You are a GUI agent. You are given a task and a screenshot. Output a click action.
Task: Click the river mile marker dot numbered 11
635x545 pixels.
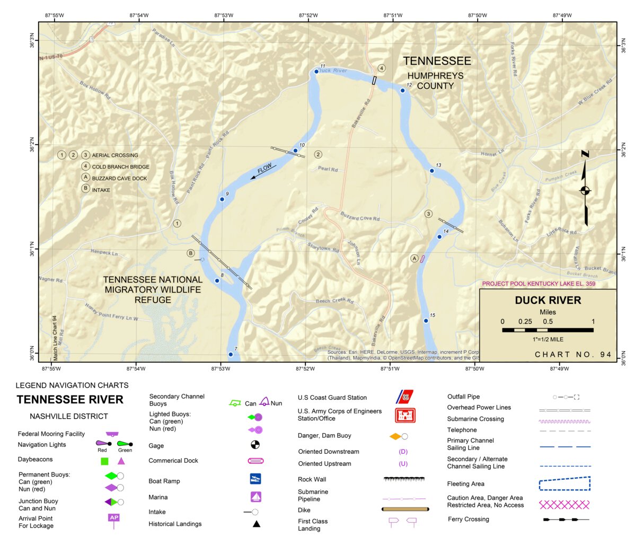click(x=316, y=72)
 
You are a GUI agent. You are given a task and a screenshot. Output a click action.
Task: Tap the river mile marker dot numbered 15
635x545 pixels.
click(x=426, y=321)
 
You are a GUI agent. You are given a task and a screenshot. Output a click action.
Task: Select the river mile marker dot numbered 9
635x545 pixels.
click(x=222, y=199)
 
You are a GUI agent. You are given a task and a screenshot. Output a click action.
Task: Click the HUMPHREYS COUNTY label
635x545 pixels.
click(x=435, y=81)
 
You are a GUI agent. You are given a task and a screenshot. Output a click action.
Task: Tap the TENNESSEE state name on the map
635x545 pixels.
click(x=437, y=61)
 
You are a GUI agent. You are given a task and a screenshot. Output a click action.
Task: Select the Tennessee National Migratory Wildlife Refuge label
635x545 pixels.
click(x=153, y=289)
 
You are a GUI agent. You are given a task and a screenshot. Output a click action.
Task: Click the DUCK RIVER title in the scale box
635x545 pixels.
click(x=548, y=301)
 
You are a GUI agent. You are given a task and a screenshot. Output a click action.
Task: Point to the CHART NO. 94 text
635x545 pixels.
click(x=573, y=355)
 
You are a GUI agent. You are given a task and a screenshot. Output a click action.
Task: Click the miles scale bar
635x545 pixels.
click(x=548, y=330)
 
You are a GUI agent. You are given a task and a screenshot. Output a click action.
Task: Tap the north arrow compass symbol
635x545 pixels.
click(x=585, y=190)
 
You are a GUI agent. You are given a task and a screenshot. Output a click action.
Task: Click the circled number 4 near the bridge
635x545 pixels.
click(x=382, y=68)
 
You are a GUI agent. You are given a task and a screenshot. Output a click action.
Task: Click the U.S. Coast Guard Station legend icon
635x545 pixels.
click(x=405, y=397)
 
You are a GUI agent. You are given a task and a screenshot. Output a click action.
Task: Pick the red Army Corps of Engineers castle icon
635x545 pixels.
click(x=405, y=415)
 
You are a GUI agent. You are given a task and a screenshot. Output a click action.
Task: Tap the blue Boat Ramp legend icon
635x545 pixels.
click(x=255, y=479)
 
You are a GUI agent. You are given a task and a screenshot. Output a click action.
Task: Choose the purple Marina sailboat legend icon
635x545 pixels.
click(x=255, y=497)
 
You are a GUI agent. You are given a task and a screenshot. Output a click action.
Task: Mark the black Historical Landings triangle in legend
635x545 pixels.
click(x=256, y=524)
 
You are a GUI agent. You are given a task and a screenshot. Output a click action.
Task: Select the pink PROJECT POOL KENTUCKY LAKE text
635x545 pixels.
click(x=539, y=284)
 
